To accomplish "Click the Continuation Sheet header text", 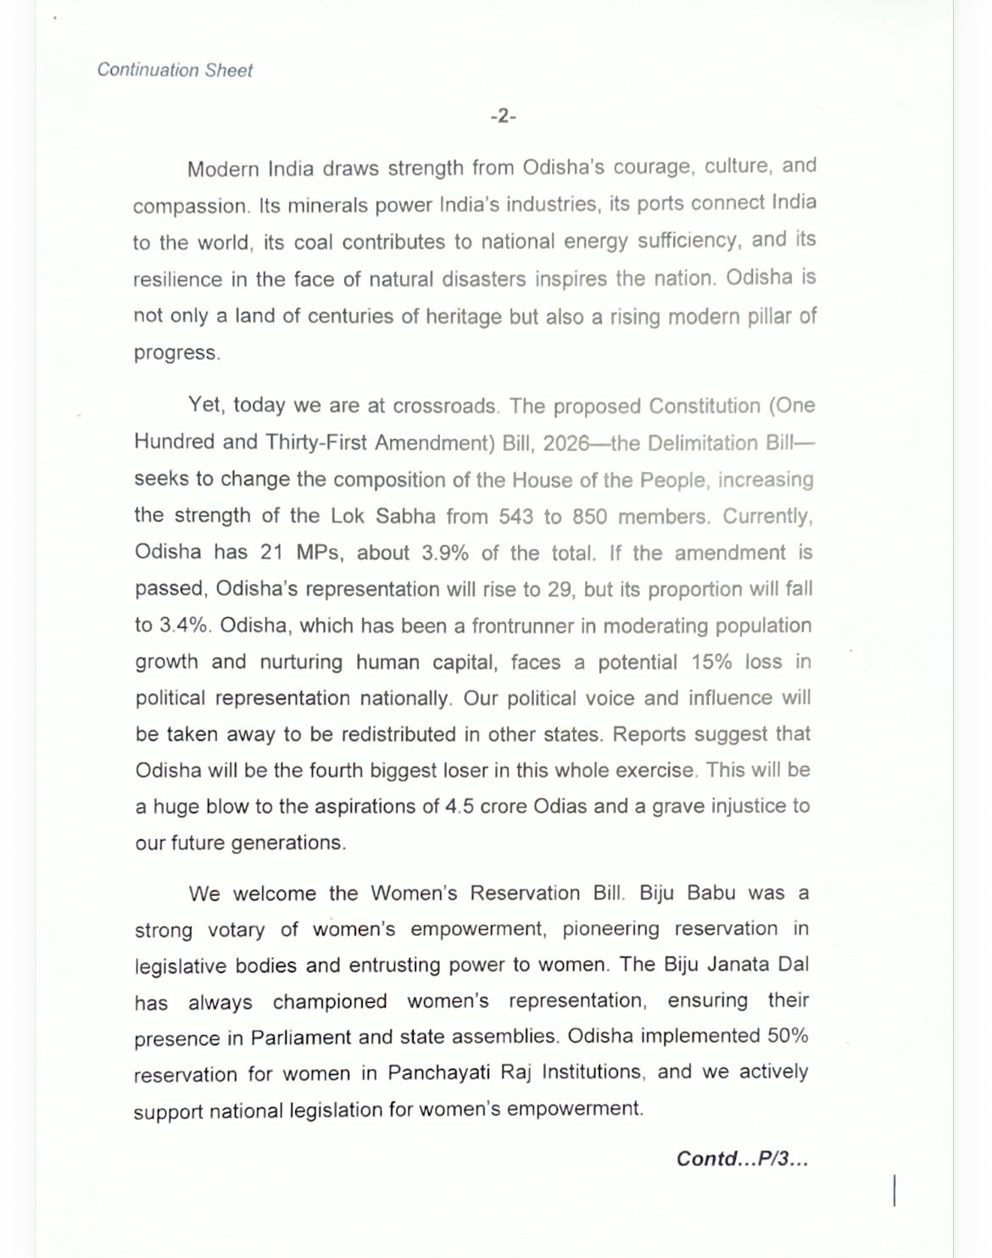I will pos(175,70).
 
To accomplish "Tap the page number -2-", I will pos(503,116).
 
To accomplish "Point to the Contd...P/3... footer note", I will pos(742,1158).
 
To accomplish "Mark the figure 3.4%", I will pos(185,626).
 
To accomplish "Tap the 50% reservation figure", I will pos(788,1036).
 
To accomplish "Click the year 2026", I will pos(566,443).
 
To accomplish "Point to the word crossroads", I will pos(445,406).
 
